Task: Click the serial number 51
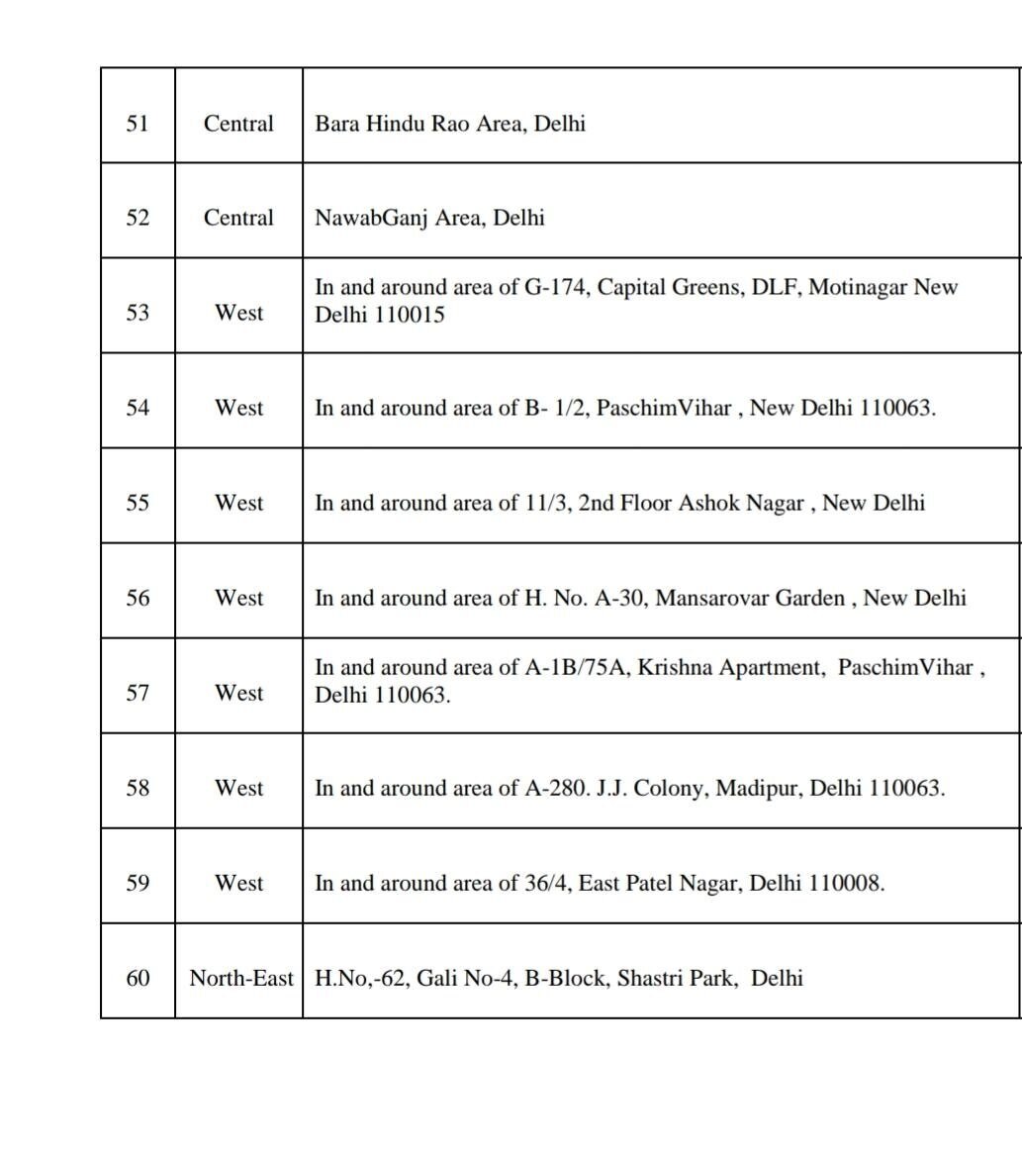coord(138,124)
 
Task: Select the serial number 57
coord(138,693)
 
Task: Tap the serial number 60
coord(138,978)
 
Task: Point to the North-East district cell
coord(240,978)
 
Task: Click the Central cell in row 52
coord(238,218)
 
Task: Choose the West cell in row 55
coord(238,503)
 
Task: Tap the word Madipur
coord(758,788)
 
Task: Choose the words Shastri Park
coord(676,978)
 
